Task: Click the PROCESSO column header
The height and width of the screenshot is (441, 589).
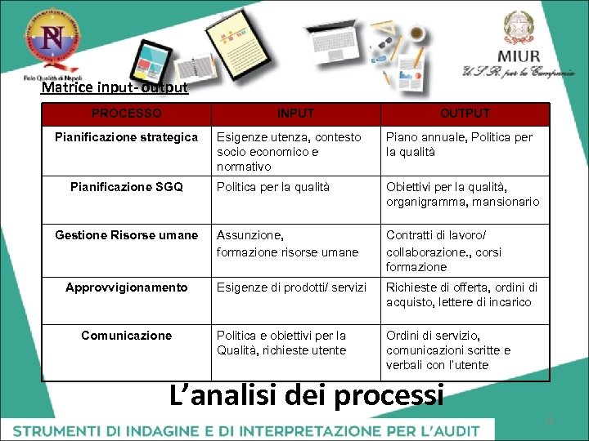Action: coord(126,114)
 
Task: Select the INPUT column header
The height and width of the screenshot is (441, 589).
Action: coord(295,114)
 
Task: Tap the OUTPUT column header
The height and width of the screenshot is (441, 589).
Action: coord(465,114)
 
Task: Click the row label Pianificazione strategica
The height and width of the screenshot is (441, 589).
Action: coord(126,137)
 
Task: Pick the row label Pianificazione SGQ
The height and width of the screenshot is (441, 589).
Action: coord(126,187)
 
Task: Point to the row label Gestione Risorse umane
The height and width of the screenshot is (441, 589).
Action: coord(126,235)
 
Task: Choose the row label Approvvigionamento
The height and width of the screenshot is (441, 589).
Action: coord(126,287)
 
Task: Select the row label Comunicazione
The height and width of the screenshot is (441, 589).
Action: coord(126,336)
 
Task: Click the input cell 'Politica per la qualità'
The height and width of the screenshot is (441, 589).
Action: coord(273,187)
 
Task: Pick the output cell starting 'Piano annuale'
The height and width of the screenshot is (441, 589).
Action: coord(459,145)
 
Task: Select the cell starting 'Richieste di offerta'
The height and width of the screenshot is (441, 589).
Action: coord(461,295)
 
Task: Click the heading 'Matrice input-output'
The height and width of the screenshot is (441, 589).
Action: coord(115,87)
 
